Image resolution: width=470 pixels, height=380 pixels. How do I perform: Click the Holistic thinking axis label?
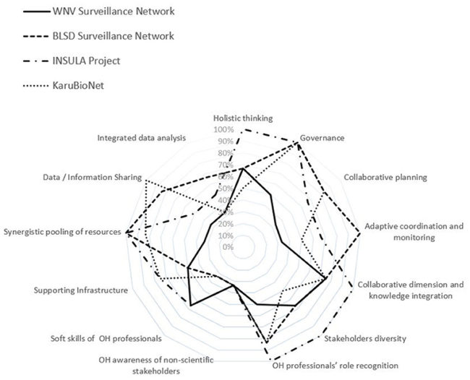242,118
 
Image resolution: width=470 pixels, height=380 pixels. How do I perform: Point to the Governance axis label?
322,137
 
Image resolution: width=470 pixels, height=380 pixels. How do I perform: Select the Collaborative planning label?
385,176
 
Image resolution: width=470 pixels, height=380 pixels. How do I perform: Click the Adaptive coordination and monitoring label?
414,231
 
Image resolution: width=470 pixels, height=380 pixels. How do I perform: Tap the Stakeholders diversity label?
365,337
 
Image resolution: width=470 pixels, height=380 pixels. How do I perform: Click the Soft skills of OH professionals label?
106,337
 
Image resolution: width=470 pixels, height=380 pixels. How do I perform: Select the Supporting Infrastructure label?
81,290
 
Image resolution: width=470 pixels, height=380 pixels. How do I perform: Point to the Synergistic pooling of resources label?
62,232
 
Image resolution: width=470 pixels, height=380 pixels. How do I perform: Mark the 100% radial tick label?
223,129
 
